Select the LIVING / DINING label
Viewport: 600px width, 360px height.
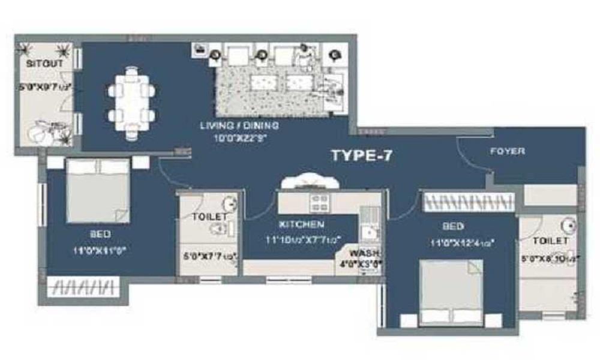tap(239, 125)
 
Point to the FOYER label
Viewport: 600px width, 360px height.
tap(507, 151)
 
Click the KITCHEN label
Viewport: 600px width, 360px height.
tap(302, 224)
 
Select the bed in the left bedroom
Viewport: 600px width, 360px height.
tap(98, 191)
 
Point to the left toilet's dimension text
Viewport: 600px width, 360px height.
tap(209, 257)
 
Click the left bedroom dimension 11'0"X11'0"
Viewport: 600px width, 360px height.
tap(100, 251)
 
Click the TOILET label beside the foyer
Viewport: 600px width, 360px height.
tap(551, 240)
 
